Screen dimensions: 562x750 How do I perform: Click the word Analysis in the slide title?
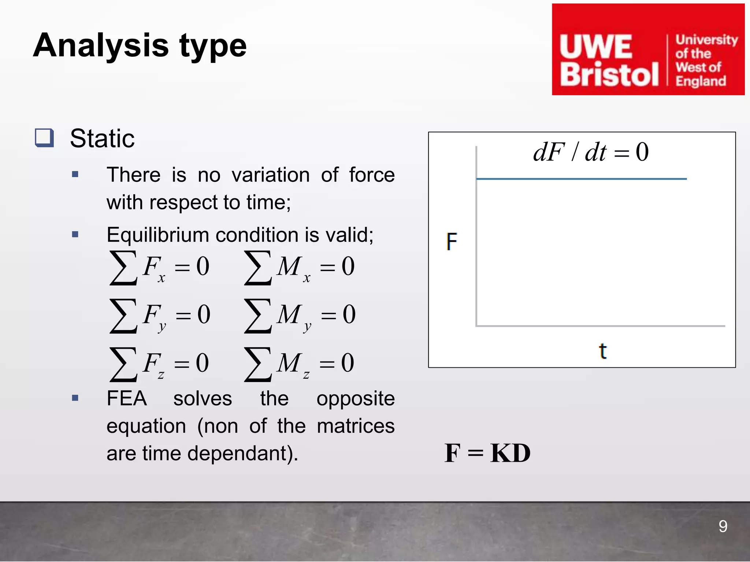click(x=101, y=46)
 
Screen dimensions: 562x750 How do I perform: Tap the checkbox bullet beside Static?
click(x=44, y=138)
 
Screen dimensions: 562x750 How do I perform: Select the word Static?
click(x=102, y=139)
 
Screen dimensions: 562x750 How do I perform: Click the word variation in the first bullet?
click(x=270, y=175)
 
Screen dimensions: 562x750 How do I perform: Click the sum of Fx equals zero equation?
click(x=160, y=267)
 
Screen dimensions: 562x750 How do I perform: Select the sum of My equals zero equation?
click(x=300, y=315)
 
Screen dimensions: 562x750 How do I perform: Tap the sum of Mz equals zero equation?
click(x=299, y=364)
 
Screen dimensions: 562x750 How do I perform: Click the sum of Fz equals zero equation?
click(x=159, y=364)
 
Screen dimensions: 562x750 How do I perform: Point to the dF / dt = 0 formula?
click(x=590, y=152)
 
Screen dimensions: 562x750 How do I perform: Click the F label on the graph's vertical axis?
click(x=452, y=242)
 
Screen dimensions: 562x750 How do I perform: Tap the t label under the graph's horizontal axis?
click(x=602, y=351)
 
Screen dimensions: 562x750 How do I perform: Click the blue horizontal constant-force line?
click(x=581, y=179)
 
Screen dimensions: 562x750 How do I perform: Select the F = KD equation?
click(x=487, y=453)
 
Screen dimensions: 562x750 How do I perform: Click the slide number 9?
click(x=723, y=527)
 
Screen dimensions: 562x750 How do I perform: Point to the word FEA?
click(x=127, y=398)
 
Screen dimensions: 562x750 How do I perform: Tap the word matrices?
click(x=355, y=426)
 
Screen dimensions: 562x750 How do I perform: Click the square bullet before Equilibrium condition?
click(x=75, y=235)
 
